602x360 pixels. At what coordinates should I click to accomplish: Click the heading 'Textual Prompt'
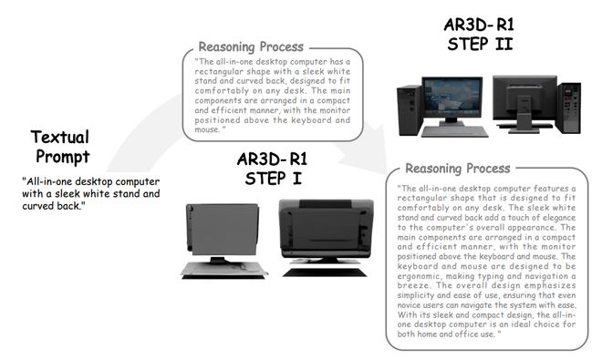60,147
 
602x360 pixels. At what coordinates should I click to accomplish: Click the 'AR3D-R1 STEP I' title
273,169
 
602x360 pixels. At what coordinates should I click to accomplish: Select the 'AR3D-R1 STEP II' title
479,34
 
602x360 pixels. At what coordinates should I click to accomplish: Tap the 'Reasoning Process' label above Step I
251,46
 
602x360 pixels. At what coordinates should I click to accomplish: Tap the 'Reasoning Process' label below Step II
458,169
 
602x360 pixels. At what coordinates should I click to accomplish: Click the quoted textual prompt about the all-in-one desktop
90,193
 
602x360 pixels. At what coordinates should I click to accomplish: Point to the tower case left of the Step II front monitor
410,110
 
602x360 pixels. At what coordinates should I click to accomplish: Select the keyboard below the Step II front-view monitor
454,132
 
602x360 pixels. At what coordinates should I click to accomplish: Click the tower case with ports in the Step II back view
569,108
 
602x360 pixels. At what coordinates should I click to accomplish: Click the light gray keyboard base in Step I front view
224,269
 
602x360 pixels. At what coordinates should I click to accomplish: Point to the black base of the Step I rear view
325,273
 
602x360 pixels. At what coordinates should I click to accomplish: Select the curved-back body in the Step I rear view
326,228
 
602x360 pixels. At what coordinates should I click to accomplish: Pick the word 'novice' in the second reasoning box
409,305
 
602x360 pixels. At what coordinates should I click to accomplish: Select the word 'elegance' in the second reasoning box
558,218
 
